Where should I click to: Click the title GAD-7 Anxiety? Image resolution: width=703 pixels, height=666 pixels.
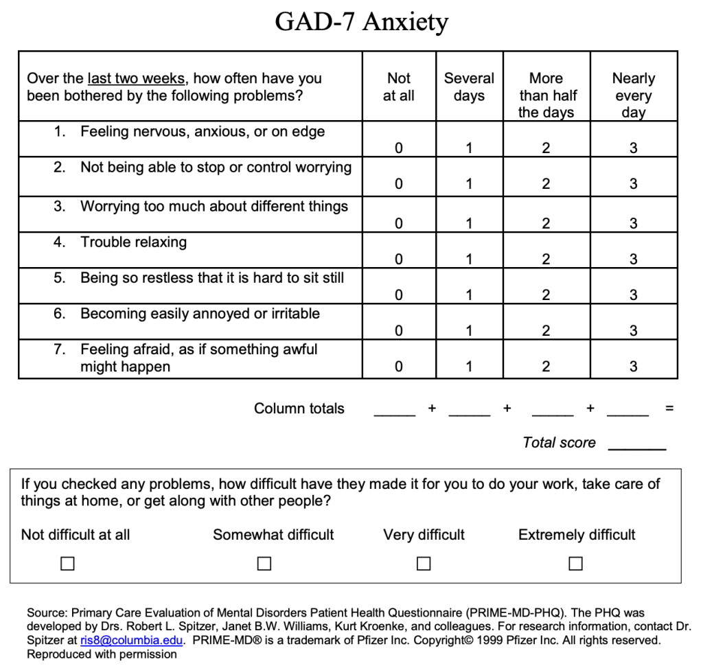coord(361,22)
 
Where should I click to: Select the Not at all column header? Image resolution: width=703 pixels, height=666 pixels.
coord(398,87)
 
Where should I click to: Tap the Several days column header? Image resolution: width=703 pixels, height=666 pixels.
coord(469,87)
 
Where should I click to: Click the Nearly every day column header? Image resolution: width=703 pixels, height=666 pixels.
coord(633,95)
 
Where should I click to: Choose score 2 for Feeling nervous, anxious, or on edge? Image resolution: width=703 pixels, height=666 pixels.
coord(546,148)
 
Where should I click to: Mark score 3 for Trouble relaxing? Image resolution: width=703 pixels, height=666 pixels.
coord(633,259)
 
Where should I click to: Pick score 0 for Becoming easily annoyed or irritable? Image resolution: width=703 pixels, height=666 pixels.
coord(398,331)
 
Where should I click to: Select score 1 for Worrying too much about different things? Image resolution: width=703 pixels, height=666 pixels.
coord(469,223)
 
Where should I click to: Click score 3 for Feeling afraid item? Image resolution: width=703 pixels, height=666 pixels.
coord(633,367)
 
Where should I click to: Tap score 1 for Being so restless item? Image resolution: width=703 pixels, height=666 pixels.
coord(469,295)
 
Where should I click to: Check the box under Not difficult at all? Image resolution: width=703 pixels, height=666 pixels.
coord(67,564)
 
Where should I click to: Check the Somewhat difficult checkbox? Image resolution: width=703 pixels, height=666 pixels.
coord(264,564)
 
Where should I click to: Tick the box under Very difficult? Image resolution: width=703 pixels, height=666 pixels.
coord(424,564)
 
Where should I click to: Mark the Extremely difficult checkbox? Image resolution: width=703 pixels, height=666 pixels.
coord(576,564)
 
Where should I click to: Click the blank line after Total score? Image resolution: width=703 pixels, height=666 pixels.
coord(637,446)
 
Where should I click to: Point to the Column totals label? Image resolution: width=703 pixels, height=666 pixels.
coord(299,409)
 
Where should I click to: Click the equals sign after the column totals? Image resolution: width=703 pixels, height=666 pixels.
coord(669,409)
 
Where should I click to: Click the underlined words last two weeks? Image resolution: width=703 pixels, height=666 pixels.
coord(137,79)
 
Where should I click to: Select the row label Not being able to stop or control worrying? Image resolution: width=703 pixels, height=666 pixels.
coord(216,168)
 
